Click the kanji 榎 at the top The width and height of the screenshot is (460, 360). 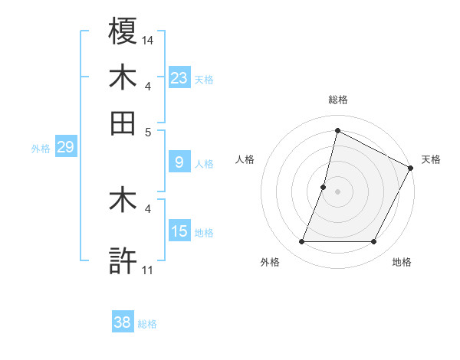[123, 33]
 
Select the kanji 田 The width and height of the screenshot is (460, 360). [123, 122]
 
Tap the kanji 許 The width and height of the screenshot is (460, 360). [123, 260]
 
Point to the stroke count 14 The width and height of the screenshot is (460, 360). [148, 40]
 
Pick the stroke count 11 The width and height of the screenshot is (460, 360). [147, 270]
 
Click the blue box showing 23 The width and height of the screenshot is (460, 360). [179, 77]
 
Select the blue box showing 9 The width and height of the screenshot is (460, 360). [179, 162]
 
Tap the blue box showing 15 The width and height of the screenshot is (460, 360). [179, 231]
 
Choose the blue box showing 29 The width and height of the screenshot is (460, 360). [65, 147]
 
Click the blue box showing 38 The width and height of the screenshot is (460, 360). [122, 322]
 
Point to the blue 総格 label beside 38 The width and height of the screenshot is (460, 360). [147, 324]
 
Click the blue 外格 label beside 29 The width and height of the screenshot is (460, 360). [41, 149]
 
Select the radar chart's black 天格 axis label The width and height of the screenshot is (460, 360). [431, 159]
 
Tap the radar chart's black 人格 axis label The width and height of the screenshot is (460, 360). [245, 159]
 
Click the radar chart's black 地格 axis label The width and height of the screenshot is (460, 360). [402, 262]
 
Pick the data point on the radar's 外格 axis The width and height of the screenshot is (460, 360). [301, 242]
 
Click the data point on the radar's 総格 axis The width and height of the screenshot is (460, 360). [337, 130]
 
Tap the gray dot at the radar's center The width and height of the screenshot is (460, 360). [337, 191]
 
